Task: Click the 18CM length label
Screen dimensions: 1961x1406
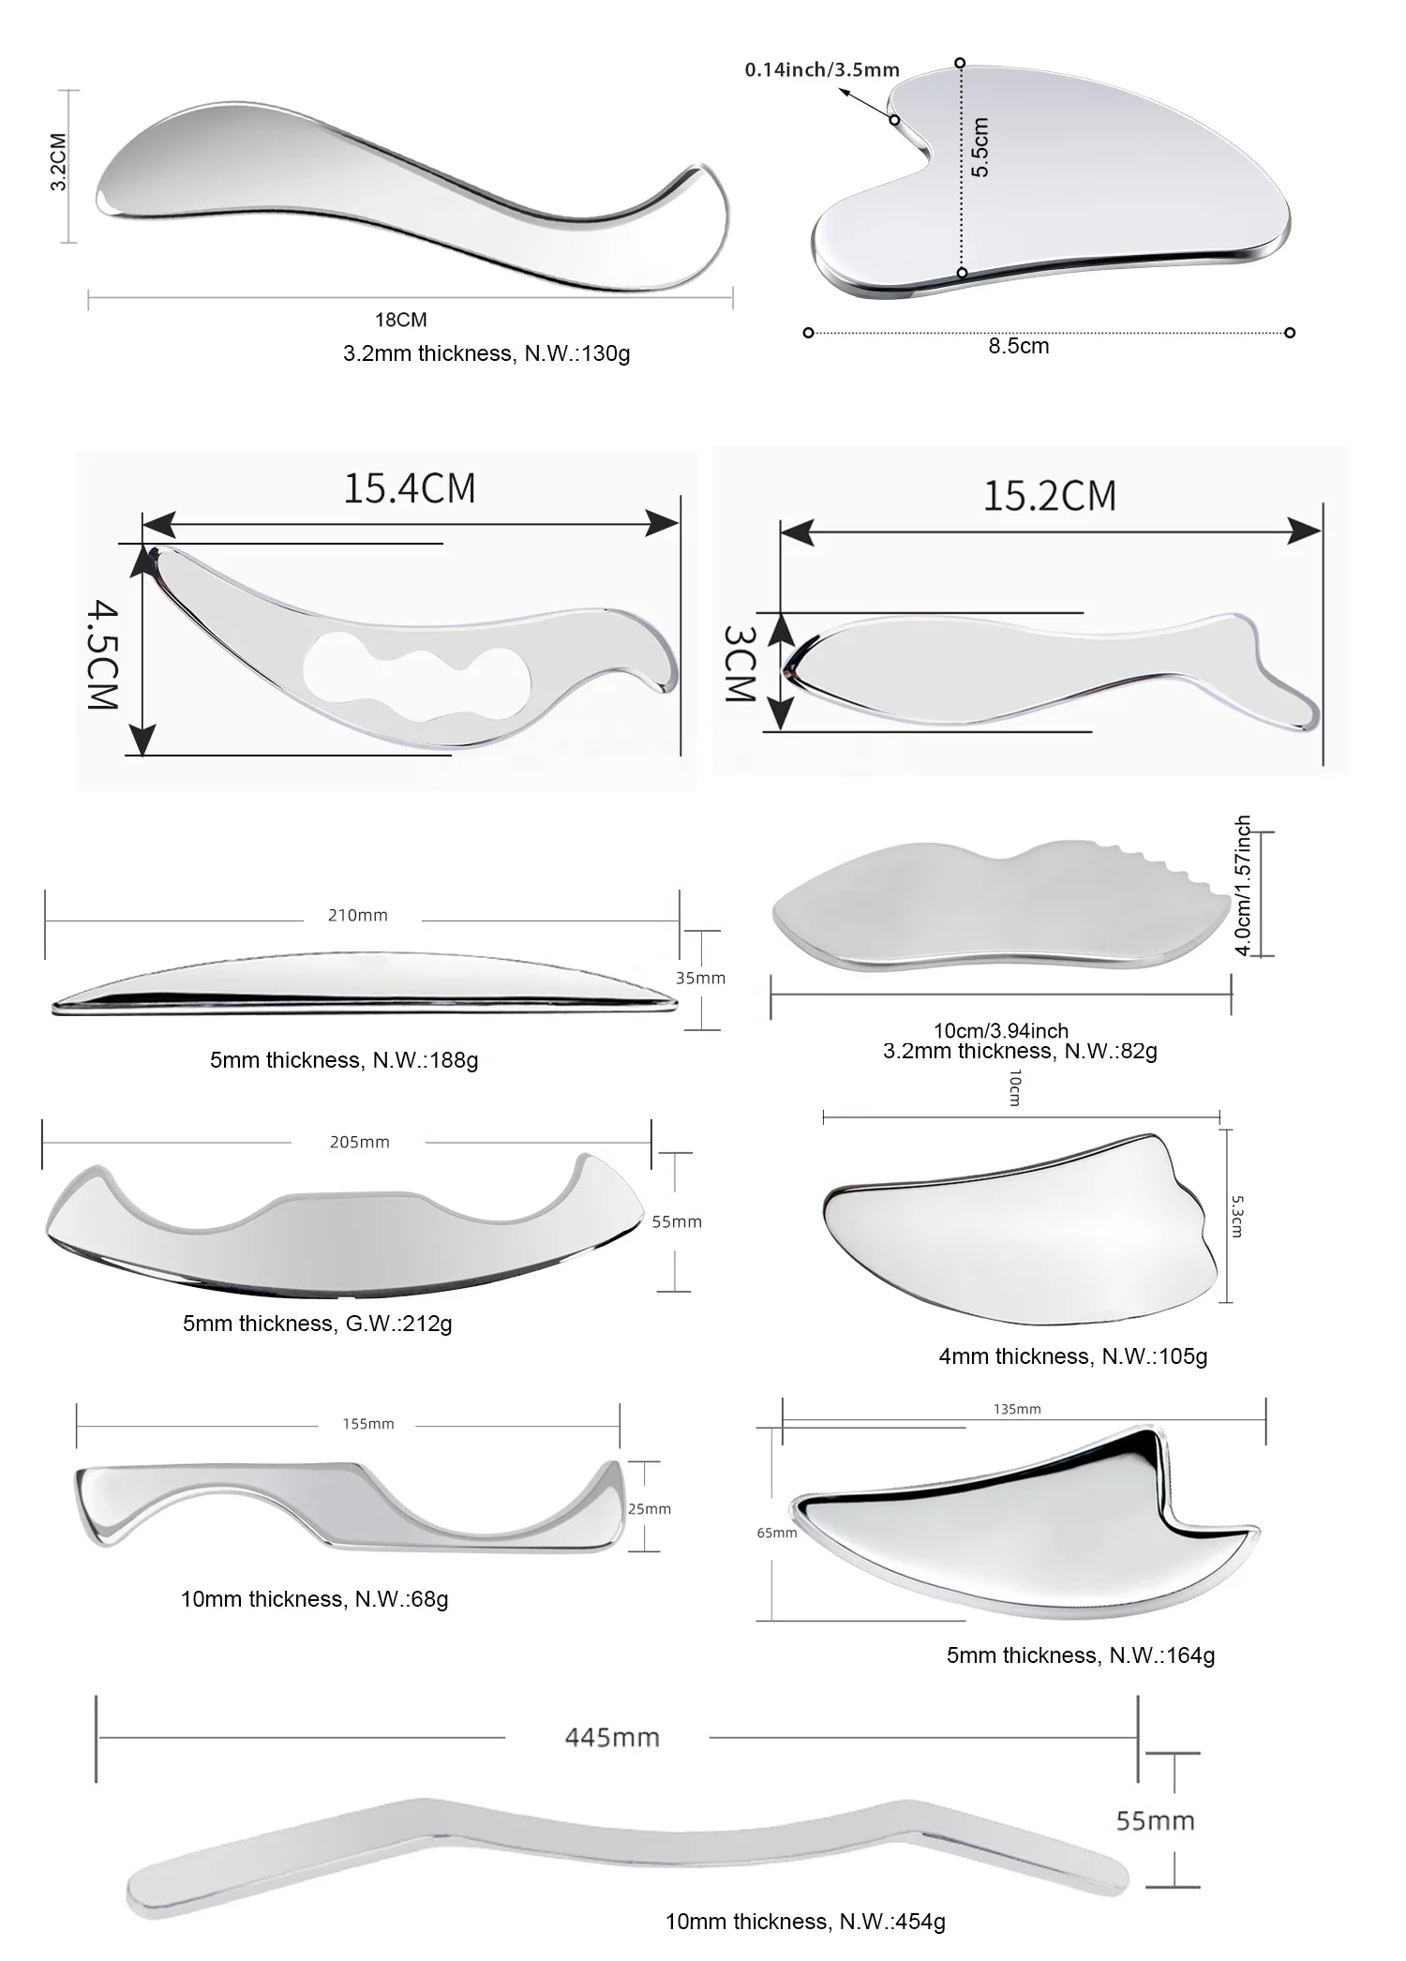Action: pyautogui.click(x=400, y=320)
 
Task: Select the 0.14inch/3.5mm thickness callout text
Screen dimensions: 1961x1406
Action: pyautogui.click(x=822, y=69)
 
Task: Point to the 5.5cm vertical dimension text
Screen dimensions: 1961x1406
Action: pyautogui.click(x=980, y=147)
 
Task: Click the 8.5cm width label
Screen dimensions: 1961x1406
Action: pyautogui.click(x=1019, y=346)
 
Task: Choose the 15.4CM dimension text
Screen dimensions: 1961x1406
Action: pyautogui.click(x=410, y=488)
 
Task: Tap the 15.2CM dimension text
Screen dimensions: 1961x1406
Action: pyautogui.click(x=1049, y=496)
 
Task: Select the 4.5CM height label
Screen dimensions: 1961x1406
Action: pyautogui.click(x=103, y=655)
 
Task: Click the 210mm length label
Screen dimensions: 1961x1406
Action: pyautogui.click(x=357, y=915)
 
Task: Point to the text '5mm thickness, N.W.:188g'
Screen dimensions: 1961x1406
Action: pyautogui.click(x=344, y=1060)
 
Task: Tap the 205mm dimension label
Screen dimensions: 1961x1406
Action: pyautogui.click(x=359, y=1142)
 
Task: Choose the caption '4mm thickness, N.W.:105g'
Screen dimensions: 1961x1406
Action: pyautogui.click(x=1072, y=1355)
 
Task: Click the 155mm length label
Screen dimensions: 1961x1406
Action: pyautogui.click(x=367, y=1424)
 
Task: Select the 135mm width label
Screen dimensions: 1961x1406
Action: pyautogui.click(x=1016, y=1409)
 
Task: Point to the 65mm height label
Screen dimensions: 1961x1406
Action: pyautogui.click(x=777, y=1533)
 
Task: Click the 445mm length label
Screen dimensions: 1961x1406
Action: pyautogui.click(x=612, y=1737)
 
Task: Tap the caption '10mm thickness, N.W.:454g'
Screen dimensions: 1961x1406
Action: pyautogui.click(x=805, y=1922)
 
